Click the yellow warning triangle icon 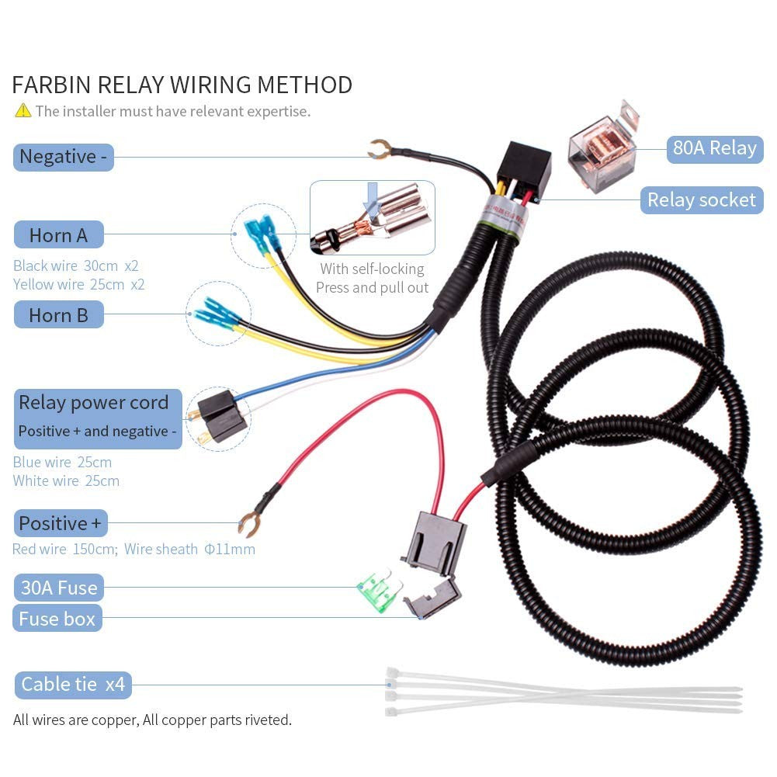(x=23, y=110)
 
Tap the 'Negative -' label (x=64, y=157)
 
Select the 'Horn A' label (x=58, y=235)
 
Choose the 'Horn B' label (x=58, y=314)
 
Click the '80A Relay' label (x=715, y=149)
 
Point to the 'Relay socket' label (x=702, y=200)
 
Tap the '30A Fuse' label (x=58, y=588)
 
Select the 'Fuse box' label (x=57, y=619)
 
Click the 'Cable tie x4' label (x=73, y=685)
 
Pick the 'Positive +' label (x=61, y=523)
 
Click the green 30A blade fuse (x=376, y=590)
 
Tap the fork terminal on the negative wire (x=380, y=149)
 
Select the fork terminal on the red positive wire (x=250, y=525)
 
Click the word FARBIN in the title (x=51, y=85)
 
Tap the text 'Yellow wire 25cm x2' (x=79, y=284)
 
